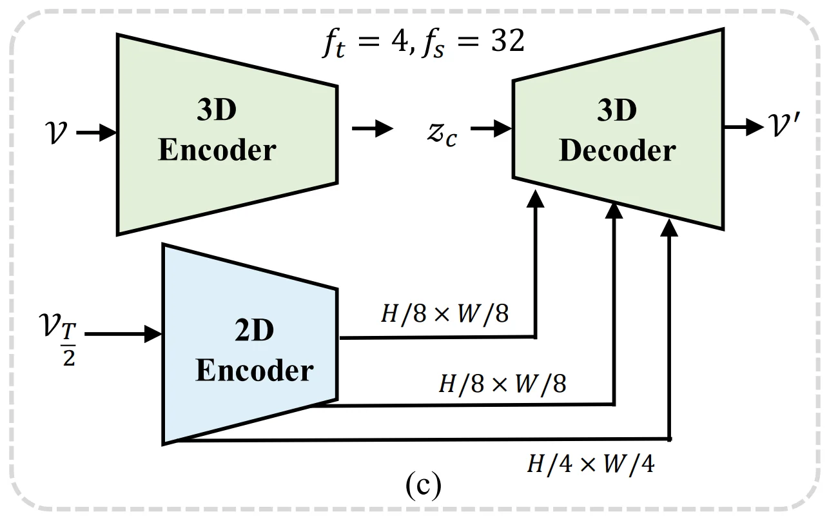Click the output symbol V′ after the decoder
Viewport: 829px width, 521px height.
(788, 126)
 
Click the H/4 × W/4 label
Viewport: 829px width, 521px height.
(590, 464)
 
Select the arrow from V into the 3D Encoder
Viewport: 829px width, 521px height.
(97, 133)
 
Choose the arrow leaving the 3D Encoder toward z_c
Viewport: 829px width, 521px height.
(372, 129)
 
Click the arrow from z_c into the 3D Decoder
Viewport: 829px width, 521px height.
(491, 129)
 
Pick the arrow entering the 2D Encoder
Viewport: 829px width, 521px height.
(122, 334)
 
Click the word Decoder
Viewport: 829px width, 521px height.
(617, 151)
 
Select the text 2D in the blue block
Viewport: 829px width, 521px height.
(253, 331)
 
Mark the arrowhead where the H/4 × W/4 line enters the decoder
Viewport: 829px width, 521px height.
(670, 227)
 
